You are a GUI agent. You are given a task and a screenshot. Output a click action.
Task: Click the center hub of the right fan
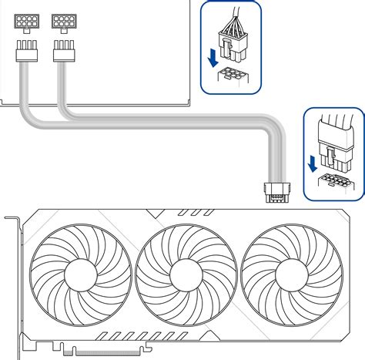[x=291, y=274]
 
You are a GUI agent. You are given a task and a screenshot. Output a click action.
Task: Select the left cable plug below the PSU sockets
[x=25, y=52]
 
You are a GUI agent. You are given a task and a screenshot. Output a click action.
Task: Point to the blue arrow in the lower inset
[x=313, y=163]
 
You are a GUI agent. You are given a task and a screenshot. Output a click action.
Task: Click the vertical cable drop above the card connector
[x=274, y=158]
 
